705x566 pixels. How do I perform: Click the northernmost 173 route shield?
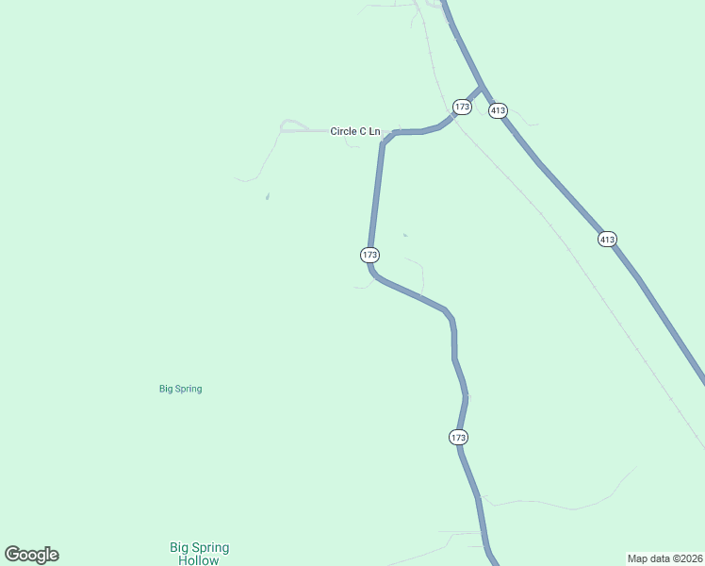click(x=462, y=107)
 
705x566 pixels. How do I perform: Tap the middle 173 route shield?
click(x=369, y=256)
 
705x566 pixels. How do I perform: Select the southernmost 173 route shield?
click(x=458, y=438)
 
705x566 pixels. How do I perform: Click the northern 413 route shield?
click(x=499, y=110)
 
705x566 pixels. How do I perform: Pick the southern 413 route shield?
click(x=607, y=240)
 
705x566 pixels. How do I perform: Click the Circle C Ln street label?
click(x=355, y=131)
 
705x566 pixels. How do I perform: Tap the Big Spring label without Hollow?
click(x=180, y=389)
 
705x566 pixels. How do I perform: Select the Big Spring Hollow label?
click(x=199, y=554)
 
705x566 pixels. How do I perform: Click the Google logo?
click(x=31, y=555)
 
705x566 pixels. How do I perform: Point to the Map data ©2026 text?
click(x=665, y=558)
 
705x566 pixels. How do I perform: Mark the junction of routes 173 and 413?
click(x=482, y=89)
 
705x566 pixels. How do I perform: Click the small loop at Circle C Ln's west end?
click(x=291, y=125)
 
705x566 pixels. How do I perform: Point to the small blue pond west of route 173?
click(x=268, y=197)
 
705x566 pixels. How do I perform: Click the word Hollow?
click(x=199, y=560)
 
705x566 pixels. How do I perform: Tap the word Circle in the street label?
click(x=342, y=131)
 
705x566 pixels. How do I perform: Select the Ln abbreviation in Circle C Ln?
click(x=374, y=131)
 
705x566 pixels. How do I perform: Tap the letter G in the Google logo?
click(x=13, y=555)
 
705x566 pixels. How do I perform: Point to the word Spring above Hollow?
click(x=211, y=547)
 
